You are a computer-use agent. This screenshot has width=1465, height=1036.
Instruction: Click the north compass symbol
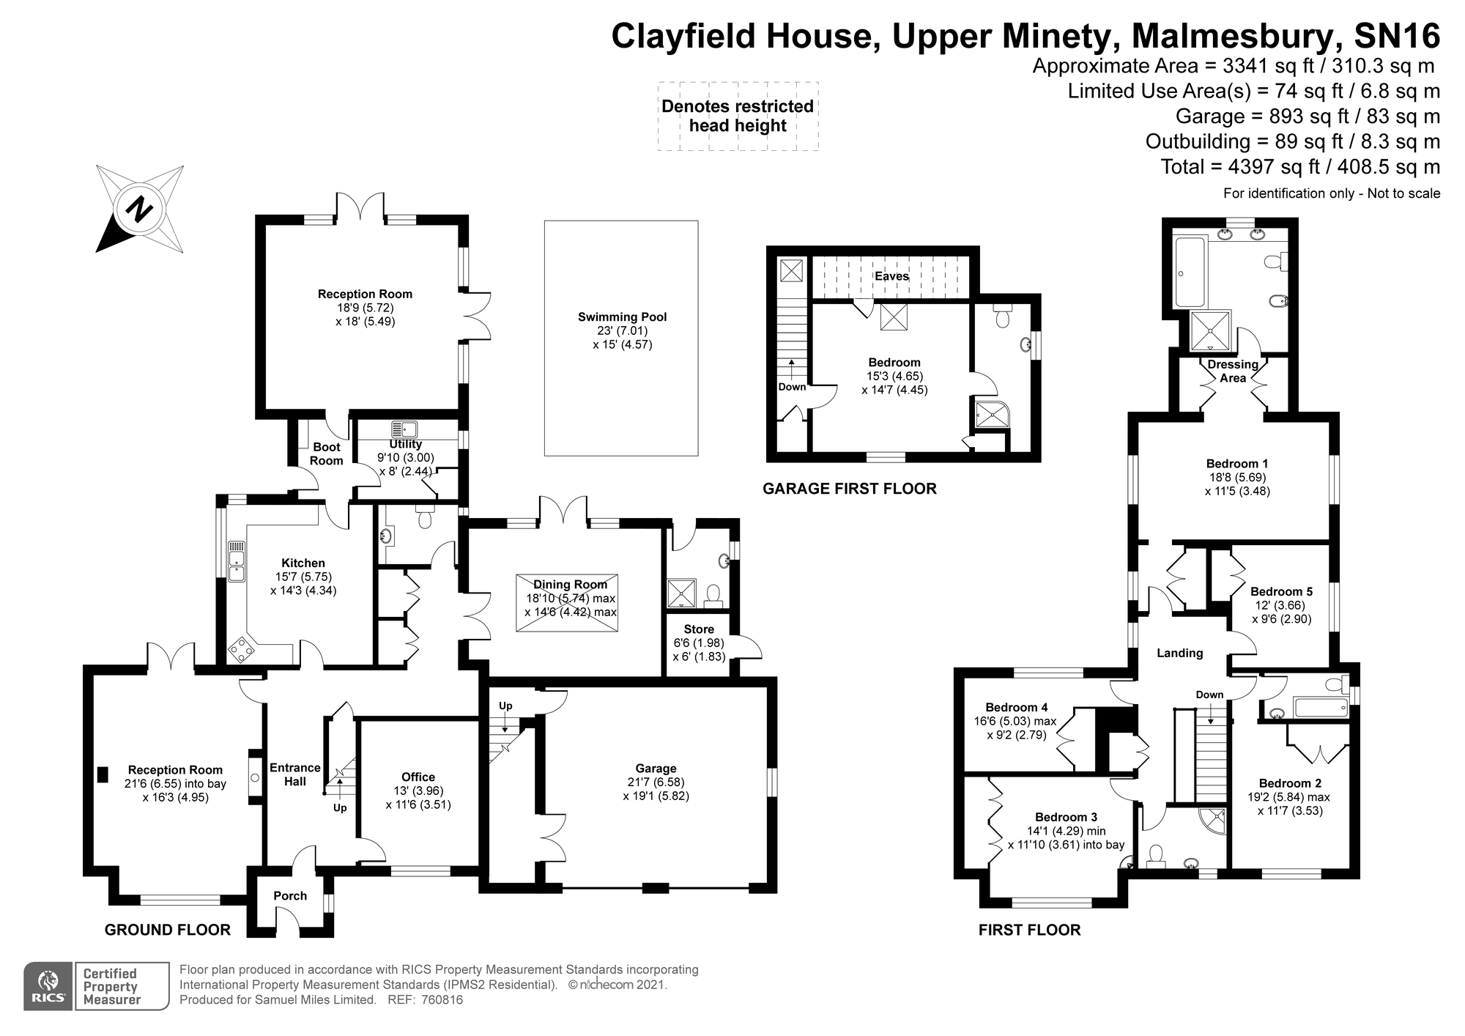coord(139,210)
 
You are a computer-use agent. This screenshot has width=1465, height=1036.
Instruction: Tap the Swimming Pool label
coord(622,317)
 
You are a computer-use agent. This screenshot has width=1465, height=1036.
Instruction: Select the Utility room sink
coord(404,429)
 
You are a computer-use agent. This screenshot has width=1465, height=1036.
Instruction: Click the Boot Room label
coord(327,454)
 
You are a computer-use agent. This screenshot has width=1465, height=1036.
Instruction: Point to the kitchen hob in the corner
coord(241,650)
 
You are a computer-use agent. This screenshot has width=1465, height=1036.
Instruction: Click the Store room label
coord(699,629)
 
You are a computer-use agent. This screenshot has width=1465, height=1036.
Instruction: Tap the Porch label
coord(290,895)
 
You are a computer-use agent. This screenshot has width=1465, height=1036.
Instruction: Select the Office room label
coord(418,777)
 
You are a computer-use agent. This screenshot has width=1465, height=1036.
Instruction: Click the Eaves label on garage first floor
coord(891,276)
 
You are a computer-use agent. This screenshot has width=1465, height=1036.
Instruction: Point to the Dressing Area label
coord(1233,371)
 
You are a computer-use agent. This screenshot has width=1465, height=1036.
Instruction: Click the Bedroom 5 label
coord(1281,591)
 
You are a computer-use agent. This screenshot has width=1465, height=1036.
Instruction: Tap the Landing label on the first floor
coord(1179,653)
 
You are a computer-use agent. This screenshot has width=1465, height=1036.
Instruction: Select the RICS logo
coord(48,987)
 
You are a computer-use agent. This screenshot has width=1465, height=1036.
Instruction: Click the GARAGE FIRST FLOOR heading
coord(850,489)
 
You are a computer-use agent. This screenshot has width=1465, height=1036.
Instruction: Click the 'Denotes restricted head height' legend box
coord(738,116)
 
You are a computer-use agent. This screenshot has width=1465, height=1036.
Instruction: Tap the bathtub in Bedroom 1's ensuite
coord(1190,272)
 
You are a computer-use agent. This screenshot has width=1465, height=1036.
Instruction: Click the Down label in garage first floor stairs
coord(792,387)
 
